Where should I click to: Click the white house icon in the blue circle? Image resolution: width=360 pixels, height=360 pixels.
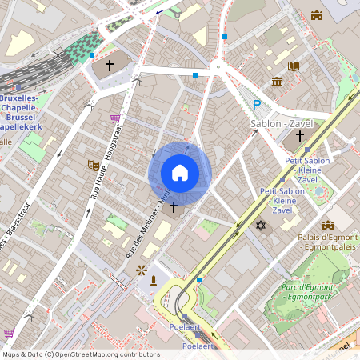point(179,173)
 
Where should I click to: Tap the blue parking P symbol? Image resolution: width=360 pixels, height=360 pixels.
point(257,105)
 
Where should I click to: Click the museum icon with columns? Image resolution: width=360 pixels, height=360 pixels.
point(277,82)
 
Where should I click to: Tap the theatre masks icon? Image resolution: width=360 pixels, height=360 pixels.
point(94,166)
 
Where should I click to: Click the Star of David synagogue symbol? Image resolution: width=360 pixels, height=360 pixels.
point(260,226)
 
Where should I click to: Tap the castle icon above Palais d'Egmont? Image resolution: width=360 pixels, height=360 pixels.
point(327,226)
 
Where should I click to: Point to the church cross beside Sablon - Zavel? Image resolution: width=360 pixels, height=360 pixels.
point(300,135)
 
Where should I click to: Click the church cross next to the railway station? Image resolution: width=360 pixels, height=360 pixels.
point(109,64)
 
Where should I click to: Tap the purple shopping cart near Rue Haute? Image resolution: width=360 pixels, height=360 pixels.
point(115,118)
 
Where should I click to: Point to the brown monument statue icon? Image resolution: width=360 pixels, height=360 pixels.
point(154,280)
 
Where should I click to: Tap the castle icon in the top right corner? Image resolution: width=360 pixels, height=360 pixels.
point(317,15)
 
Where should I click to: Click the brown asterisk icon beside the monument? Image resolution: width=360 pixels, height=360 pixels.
point(142,270)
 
